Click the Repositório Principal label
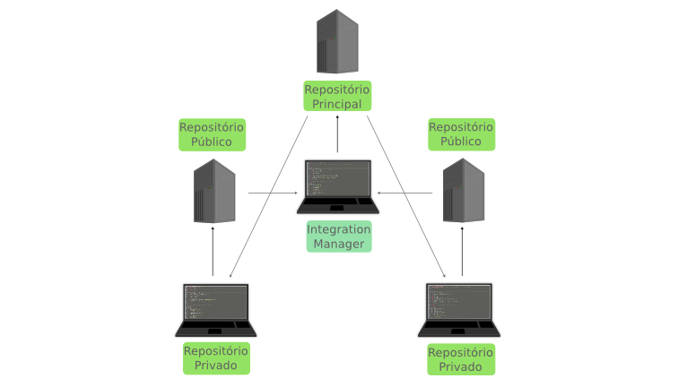337,97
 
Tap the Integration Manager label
338,236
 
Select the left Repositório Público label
212,134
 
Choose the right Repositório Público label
461,134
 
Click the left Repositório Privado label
215,358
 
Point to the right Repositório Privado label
461,359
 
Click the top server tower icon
337,41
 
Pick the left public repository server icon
215,191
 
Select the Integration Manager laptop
338,186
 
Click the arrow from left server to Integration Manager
273,193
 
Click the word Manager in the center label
338,244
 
